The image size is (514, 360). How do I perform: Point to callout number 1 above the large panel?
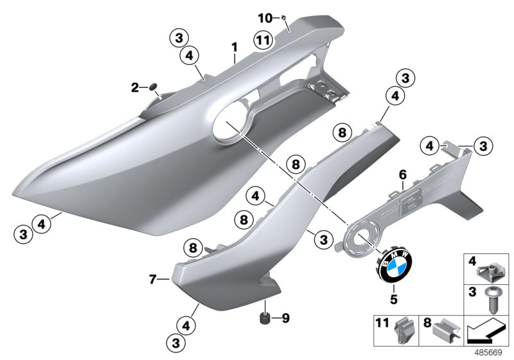click(235, 47)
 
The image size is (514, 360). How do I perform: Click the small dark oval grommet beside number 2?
click(154, 87)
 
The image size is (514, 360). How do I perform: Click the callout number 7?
click(152, 279)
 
